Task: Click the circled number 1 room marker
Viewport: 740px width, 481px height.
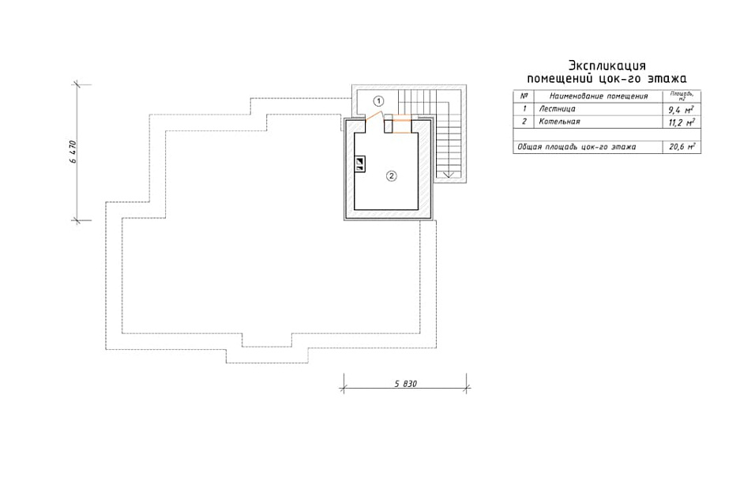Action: [378, 100]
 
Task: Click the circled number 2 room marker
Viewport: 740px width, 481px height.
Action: [391, 176]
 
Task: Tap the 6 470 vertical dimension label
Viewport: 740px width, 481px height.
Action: [73, 152]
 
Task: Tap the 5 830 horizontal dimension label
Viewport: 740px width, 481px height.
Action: [405, 384]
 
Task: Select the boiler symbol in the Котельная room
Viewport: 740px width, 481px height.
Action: [361, 163]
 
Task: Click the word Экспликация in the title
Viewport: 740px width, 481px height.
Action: [607, 65]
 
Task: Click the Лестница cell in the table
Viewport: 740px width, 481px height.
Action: [557, 109]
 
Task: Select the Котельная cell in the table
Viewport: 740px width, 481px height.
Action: [559, 122]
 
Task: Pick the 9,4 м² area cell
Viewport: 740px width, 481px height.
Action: [681, 110]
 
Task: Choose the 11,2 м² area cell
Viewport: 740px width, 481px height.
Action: [682, 122]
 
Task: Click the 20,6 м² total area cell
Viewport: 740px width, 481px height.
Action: [682, 147]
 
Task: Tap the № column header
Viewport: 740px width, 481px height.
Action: [524, 96]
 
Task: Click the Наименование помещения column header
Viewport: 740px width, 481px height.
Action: [599, 96]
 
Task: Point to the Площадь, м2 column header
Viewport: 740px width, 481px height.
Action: [682, 96]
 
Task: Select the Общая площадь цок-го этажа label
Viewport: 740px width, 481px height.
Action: [577, 147]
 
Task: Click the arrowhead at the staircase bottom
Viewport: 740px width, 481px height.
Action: [449, 175]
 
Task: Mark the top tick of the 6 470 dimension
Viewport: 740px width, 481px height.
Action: [76, 85]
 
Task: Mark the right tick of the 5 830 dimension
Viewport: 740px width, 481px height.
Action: [467, 389]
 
